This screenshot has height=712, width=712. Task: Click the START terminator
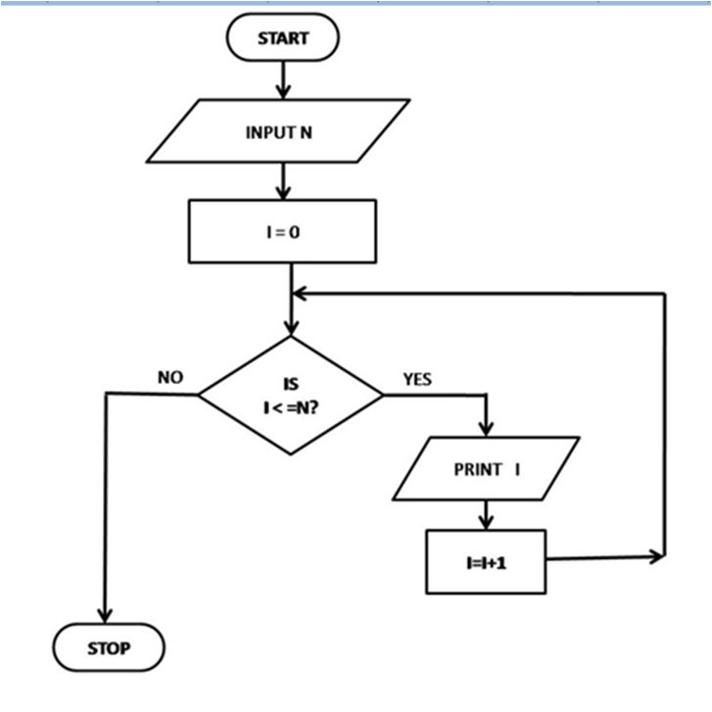(282, 39)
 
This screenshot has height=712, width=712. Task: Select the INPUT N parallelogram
(278, 130)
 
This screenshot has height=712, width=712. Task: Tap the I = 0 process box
(281, 231)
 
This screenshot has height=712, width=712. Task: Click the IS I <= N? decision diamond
(290, 396)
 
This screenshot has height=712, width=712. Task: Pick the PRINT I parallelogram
(486, 469)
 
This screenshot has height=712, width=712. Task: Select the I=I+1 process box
(485, 561)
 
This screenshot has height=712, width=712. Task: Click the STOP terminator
(108, 648)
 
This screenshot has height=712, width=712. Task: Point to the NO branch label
(170, 377)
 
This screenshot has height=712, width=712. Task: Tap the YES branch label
(416, 379)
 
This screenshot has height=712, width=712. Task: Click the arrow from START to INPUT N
(282, 78)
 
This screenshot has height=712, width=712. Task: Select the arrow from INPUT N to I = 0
(282, 180)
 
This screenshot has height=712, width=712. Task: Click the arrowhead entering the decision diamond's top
(291, 327)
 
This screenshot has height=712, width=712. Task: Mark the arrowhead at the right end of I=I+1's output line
(654, 557)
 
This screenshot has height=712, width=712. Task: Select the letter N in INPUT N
(306, 130)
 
